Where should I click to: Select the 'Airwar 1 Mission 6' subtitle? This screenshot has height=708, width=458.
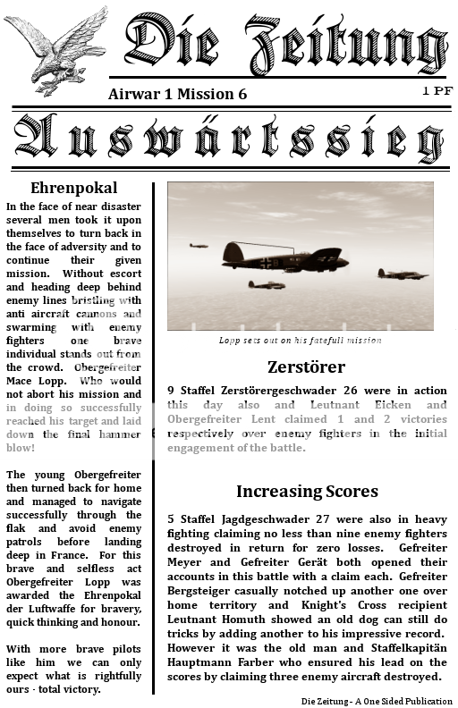(177, 93)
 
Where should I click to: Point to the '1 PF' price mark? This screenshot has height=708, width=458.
(437, 91)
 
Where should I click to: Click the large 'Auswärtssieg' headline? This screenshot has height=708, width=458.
(229, 139)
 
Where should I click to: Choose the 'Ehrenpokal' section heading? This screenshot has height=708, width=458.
(73, 189)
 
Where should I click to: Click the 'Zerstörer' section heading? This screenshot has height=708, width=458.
(306, 367)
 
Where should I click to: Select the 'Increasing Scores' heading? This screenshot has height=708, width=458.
(307, 491)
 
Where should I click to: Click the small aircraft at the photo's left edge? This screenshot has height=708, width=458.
(199, 245)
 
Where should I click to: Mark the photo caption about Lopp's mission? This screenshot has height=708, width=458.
(301, 341)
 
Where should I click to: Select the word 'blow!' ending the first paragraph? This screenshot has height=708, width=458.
(21, 447)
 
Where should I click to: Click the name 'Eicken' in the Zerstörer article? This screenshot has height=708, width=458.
(394, 404)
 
